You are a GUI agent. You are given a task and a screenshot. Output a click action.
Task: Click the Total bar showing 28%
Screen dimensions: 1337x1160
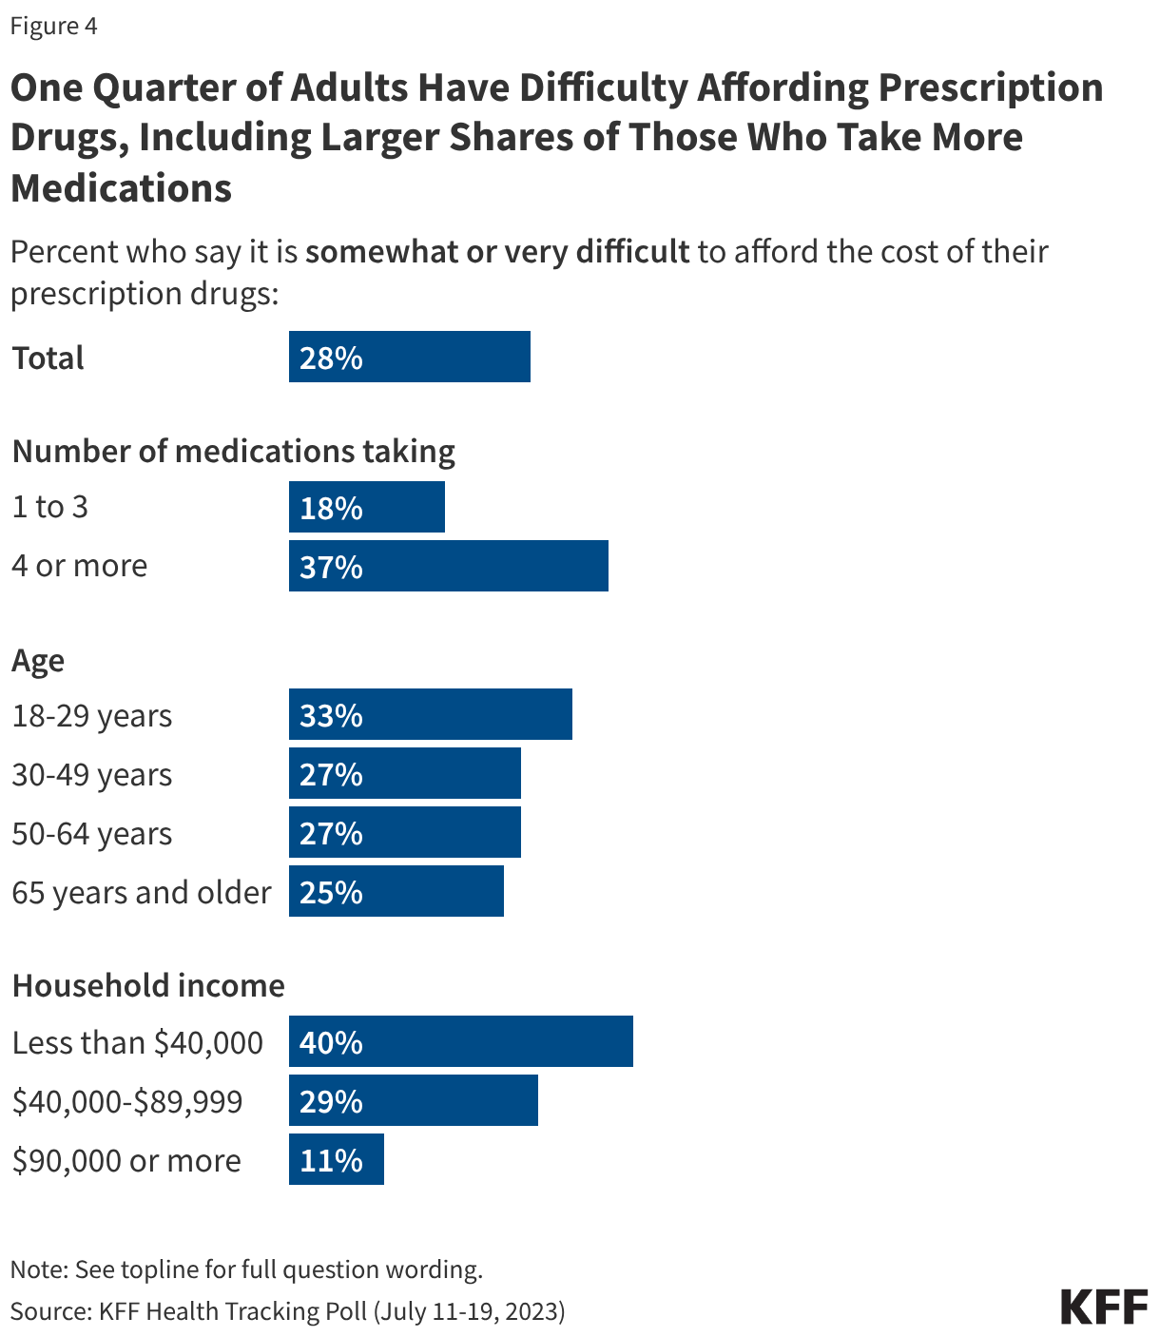point(409,357)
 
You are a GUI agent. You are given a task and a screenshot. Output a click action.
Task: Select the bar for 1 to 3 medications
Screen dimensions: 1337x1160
point(366,507)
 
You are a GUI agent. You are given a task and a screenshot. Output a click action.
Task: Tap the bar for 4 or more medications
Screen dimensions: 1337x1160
point(448,566)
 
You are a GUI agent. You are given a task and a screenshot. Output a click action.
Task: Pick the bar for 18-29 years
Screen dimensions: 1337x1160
point(430,714)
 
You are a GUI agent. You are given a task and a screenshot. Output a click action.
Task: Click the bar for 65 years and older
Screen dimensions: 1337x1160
point(396,891)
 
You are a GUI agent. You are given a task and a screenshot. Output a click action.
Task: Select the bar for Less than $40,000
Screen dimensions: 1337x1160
point(460,1041)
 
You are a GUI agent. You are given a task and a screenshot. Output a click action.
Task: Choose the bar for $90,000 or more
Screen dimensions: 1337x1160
point(336,1159)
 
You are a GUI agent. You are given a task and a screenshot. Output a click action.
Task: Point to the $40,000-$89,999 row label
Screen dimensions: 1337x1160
point(127,1101)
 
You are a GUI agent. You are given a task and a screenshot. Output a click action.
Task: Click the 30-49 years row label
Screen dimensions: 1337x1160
point(92,774)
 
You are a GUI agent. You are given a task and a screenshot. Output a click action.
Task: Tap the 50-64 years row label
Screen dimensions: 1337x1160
point(92,833)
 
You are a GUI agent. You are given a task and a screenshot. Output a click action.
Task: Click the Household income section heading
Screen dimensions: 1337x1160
point(148,985)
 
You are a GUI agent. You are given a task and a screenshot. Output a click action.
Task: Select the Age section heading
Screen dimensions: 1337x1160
point(38,660)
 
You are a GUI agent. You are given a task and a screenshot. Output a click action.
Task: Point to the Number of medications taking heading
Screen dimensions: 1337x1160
point(234,450)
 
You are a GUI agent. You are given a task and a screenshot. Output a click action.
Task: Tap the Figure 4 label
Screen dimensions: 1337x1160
point(54,26)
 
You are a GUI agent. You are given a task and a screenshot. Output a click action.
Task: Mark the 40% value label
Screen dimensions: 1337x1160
point(331,1042)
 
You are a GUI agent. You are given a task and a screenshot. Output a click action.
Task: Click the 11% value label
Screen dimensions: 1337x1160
point(331,1160)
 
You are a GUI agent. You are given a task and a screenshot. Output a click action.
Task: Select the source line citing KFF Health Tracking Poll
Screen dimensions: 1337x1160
point(288,1310)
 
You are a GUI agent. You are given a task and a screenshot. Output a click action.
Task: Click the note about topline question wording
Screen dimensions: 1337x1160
point(247,1269)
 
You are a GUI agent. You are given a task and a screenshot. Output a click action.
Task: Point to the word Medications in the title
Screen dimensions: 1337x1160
point(122,187)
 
